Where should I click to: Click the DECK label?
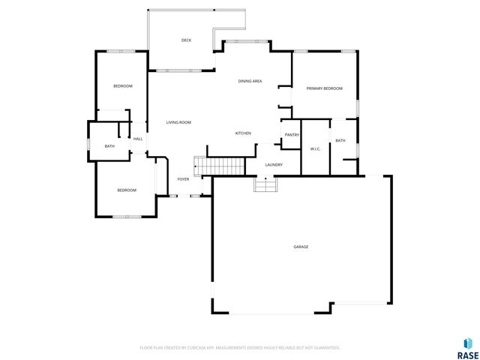pos(187,40)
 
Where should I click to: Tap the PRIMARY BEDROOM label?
pos(324,88)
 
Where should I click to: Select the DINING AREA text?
pos(250,81)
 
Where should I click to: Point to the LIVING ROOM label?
pos(178,122)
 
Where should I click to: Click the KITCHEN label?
pos(243,133)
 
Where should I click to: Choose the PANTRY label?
pos(292,135)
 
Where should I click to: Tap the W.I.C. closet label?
pos(316,148)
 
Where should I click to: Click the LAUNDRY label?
pos(273,165)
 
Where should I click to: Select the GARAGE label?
pos(301,247)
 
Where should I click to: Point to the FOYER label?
pos(183,179)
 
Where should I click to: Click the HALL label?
pos(138,139)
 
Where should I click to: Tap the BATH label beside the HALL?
pos(109,146)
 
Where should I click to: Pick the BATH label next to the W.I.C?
pos(340,141)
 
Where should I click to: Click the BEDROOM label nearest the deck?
pos(123,86)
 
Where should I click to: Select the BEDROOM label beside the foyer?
pos(127,190)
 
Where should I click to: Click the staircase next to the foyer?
pos(220,166)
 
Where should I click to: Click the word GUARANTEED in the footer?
pos(324,348)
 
